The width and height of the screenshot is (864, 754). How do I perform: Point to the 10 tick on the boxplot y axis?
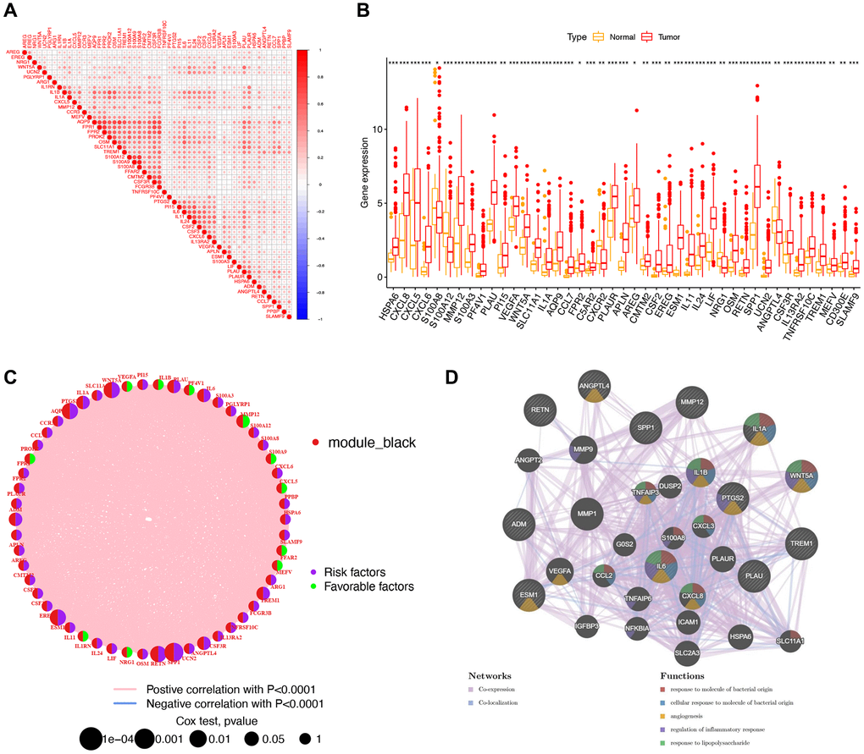click(x=379, y=129)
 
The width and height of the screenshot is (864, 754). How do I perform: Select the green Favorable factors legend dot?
click(x=314, y=586)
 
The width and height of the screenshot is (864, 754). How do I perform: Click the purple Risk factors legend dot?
click(x=314, y=572)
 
